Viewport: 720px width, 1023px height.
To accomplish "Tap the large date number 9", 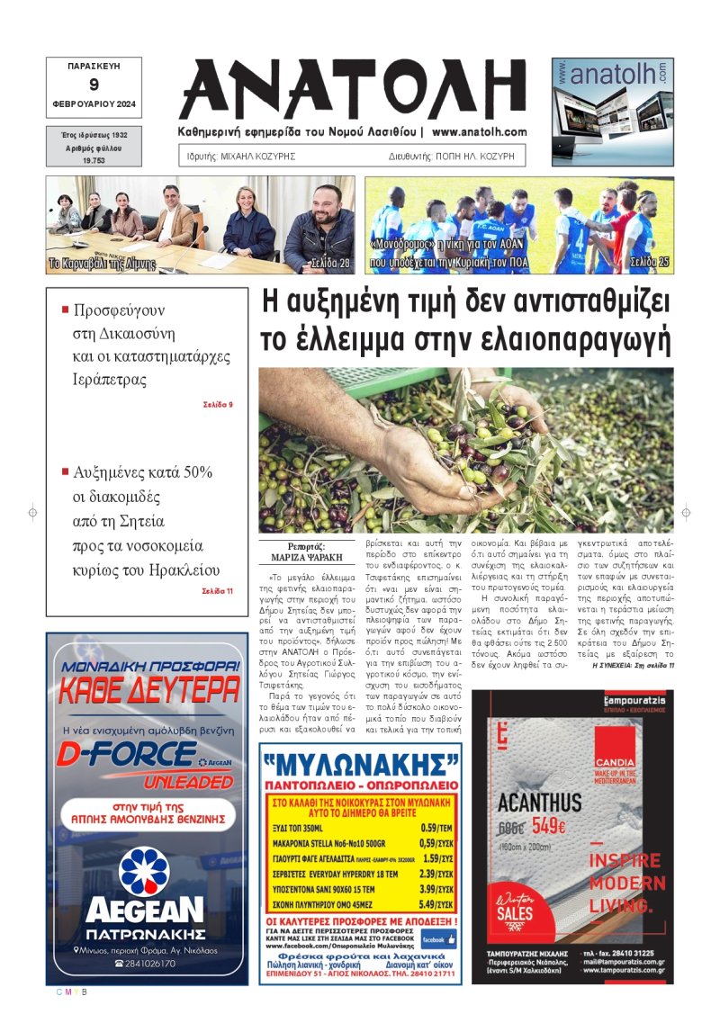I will click(x=94, y=85).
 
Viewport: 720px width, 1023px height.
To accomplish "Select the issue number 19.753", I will click(x=94, y=158).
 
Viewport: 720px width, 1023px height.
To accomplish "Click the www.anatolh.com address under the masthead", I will click(x=479, y=132).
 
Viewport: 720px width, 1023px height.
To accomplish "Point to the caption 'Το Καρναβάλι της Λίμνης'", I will click(x=101, y=265).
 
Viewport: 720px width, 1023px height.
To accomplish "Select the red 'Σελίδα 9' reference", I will click(x=218, y=404).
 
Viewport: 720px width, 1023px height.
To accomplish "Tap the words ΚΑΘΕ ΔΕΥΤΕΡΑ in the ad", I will click(x=148, y=691).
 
